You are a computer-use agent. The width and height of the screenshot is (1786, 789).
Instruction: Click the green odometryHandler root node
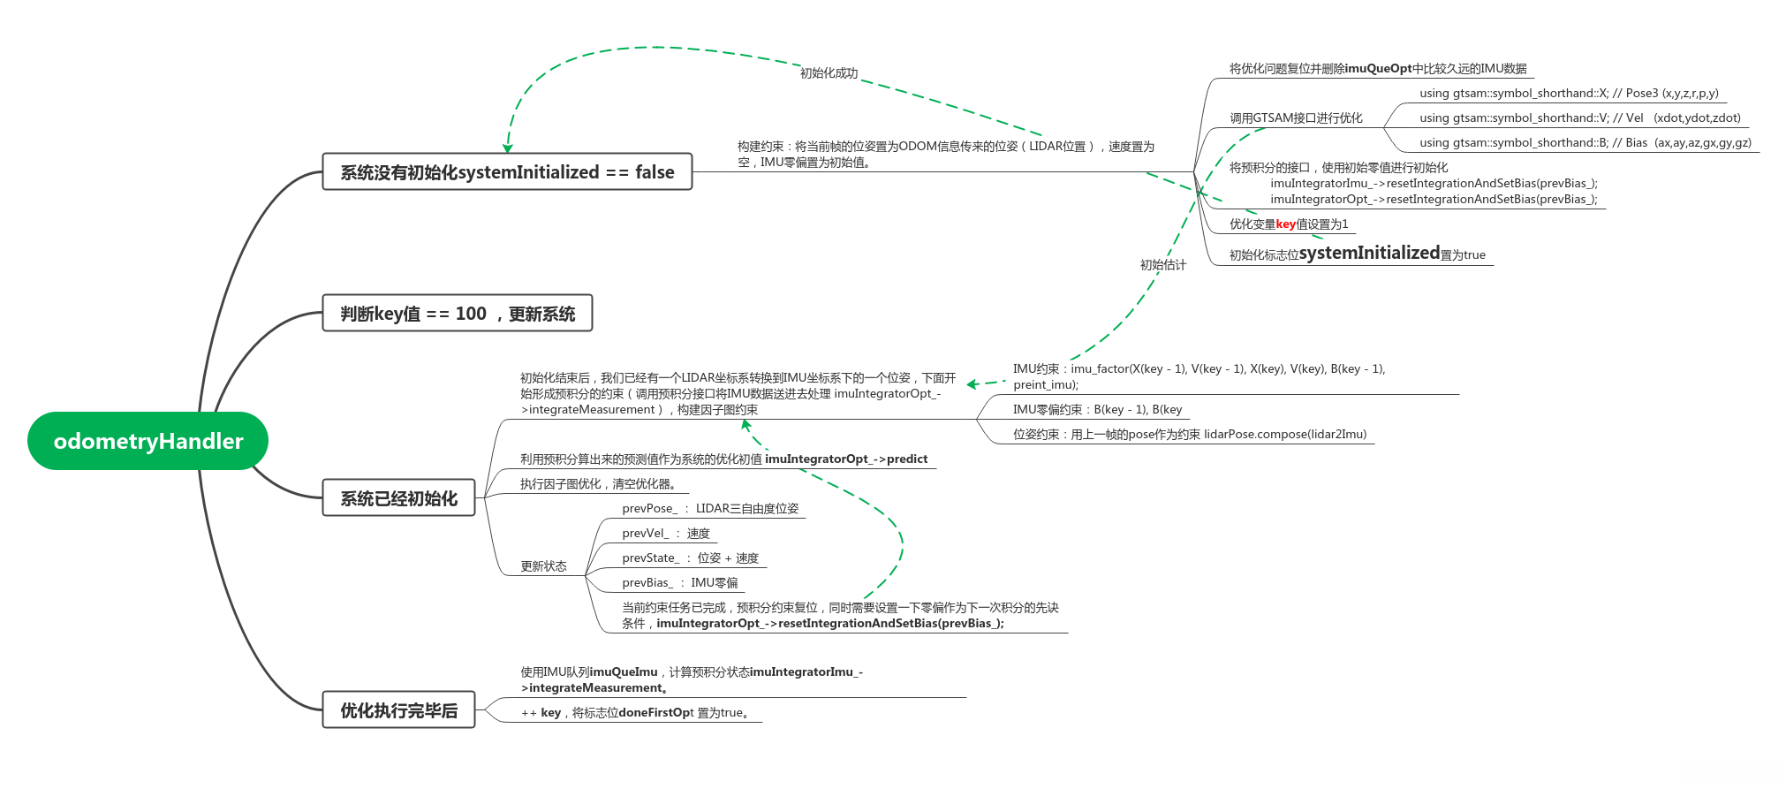[148, 441]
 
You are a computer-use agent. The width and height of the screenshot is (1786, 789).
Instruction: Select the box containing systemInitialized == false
[507, 172]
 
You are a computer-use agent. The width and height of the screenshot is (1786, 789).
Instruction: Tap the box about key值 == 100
[457, 314]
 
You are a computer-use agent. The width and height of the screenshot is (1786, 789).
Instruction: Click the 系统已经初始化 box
[398, 498]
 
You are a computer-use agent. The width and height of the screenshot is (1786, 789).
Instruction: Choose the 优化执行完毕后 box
[398, 710]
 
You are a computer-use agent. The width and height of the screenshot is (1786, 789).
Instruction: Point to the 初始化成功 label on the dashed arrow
[829, 73]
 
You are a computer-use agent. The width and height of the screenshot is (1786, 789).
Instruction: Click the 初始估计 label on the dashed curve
[1162, 265]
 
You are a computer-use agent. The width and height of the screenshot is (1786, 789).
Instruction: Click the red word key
[1285, 224]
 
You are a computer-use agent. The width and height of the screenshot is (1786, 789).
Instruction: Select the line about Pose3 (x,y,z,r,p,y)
[1569, 94]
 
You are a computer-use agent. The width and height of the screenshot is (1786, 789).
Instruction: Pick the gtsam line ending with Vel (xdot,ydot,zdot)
[1579, 118]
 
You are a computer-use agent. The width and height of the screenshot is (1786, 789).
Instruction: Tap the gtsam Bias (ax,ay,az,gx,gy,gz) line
[1585, 143]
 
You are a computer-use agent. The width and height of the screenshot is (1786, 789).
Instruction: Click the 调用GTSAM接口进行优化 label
[1296, 118]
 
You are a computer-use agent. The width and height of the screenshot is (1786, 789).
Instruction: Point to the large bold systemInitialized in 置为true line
[1369, 254]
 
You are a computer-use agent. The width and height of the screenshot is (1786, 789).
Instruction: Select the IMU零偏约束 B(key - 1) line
[1097, 410]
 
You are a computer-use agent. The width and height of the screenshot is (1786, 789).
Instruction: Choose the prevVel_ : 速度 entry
[665, 534]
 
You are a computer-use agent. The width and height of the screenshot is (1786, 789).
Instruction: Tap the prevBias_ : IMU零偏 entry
[679, 583]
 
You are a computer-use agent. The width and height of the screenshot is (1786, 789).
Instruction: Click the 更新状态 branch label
[543, 566]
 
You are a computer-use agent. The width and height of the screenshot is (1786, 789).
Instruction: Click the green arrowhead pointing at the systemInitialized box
[507, 148]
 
